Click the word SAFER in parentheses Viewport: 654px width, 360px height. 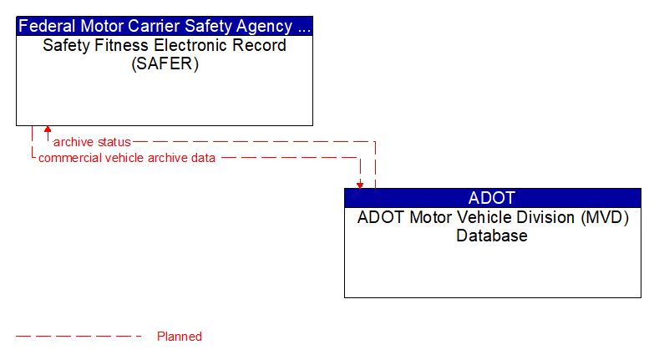click(165, 64)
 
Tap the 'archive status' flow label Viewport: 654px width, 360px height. click(92, 142)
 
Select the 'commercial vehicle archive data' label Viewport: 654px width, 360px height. click(127, 157)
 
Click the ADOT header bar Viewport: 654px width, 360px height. click(492, 198)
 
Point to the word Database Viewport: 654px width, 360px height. click(492, 236)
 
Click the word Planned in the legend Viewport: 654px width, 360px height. click(180, 337)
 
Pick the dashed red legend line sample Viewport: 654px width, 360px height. click(79, 337)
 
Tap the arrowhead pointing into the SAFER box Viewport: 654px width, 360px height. click(48, 130)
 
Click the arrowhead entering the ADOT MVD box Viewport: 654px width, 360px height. click(360, 184)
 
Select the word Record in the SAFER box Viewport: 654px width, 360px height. click(259, 45)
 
